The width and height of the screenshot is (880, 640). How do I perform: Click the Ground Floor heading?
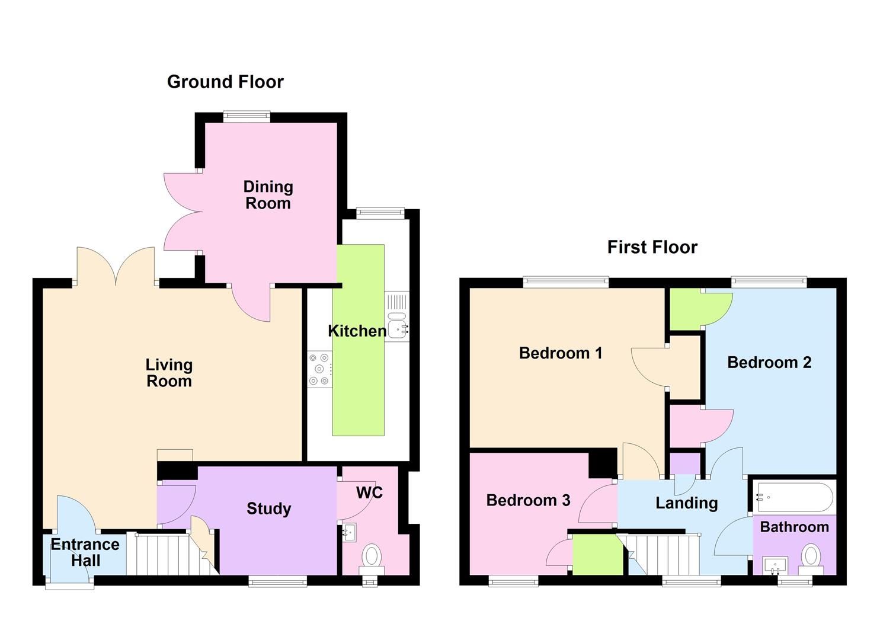pos(225,82)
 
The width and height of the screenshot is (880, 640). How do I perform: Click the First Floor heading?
pos(652,247)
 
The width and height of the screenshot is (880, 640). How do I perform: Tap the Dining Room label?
pos(268,195)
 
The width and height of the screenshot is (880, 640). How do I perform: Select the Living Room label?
pos(169,373)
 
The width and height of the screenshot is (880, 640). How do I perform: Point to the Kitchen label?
pos(357,331)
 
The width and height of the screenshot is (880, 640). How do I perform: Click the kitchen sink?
pos(398,325)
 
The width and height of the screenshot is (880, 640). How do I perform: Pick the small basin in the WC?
pos(348,532)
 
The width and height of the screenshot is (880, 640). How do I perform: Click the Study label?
pos(268,508)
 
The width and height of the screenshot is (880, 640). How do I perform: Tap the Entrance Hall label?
pos(85,552)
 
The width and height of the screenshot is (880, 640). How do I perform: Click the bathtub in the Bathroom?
pos(793,497)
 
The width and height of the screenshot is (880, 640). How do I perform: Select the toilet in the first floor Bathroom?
pos(811,558)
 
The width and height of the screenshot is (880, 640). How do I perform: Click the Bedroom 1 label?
pos(560,353)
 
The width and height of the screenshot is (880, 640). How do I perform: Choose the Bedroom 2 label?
pos(769,362)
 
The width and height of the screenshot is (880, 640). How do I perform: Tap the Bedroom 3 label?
pos(528,500)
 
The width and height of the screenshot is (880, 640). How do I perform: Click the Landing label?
pos(686,503)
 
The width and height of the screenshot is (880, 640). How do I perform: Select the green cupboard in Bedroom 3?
pos(597,555)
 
